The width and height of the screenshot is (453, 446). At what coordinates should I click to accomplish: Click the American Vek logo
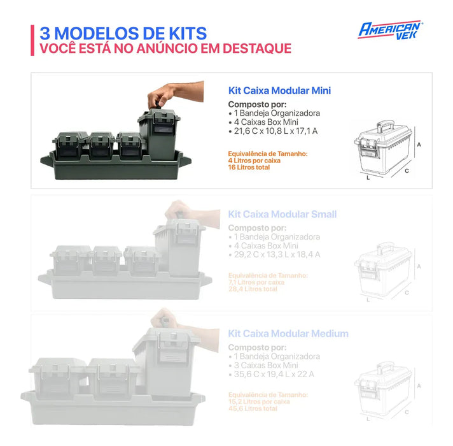[390, 29]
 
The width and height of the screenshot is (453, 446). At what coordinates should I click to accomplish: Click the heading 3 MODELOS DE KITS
[123, 33]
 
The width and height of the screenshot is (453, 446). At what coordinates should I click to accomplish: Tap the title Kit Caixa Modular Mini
[279, 91]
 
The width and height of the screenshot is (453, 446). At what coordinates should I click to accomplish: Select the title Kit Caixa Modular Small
[282, 214]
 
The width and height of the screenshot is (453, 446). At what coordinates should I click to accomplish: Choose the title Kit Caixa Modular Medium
[288, 334]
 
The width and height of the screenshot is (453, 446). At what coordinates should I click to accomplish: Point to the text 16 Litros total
[249, 168]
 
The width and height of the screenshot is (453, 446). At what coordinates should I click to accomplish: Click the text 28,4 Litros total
[253, 289]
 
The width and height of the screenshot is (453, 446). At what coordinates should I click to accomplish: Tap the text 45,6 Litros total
[253, 409]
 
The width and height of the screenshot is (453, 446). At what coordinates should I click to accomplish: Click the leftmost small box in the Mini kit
[70, 145]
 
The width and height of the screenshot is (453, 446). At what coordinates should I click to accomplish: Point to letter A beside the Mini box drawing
[419, 145]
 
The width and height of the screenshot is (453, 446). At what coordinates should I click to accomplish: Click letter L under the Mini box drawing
[368, 178]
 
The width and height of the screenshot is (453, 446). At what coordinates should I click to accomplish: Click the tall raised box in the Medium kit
[166, 360]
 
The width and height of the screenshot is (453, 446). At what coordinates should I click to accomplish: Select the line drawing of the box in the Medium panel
[383, 389]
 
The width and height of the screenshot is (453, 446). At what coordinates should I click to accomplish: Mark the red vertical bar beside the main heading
[32, 40]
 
